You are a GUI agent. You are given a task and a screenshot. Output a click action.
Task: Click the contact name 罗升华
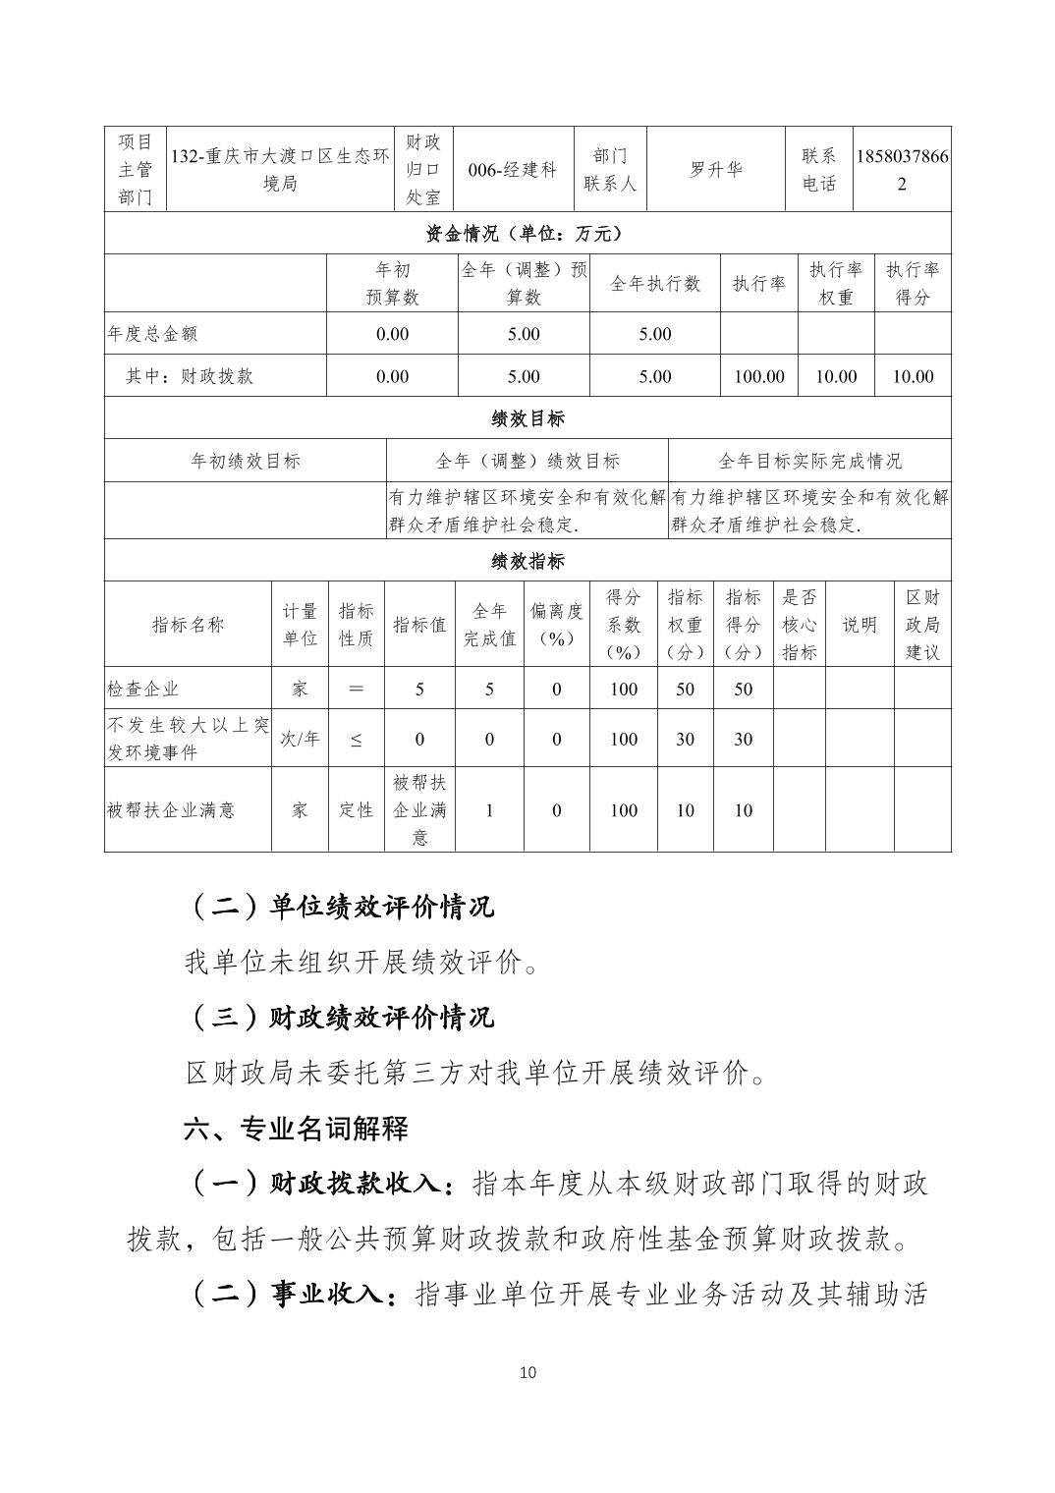click(715, 169)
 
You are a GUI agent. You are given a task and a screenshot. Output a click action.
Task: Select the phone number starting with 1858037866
click(902, 169)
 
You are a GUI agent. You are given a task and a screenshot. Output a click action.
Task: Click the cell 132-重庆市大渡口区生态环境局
click(280, 169)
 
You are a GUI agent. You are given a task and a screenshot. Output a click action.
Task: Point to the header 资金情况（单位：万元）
click(527, 233)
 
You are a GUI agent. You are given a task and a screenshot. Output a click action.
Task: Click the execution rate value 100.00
click(758, 376)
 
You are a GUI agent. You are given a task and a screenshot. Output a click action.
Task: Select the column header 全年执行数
click(655, 283)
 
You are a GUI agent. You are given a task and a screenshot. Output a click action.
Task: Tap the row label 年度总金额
click(152, 334)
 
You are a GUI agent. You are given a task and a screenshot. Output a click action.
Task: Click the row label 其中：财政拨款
click(190, 376)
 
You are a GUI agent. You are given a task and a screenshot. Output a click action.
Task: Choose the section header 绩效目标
click(527, 418)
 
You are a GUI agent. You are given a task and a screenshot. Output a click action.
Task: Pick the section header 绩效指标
click(527, 561)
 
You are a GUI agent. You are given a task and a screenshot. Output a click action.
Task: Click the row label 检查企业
click(143, 689)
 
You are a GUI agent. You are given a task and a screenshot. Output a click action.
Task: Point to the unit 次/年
click(300, 739)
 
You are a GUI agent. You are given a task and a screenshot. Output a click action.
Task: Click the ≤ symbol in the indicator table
click(356, 739)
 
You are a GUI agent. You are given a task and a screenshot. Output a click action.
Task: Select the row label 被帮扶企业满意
click(171, 810)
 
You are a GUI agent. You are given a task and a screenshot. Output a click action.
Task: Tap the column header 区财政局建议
click(922, 625)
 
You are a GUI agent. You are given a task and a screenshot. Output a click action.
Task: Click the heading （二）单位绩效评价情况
click(340, 906)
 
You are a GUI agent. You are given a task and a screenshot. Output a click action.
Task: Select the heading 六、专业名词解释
click(296, 1129)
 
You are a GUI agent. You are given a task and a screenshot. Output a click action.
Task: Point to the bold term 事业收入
click(326, 1294)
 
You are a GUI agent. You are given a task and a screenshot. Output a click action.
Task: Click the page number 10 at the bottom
click(527, 1372)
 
